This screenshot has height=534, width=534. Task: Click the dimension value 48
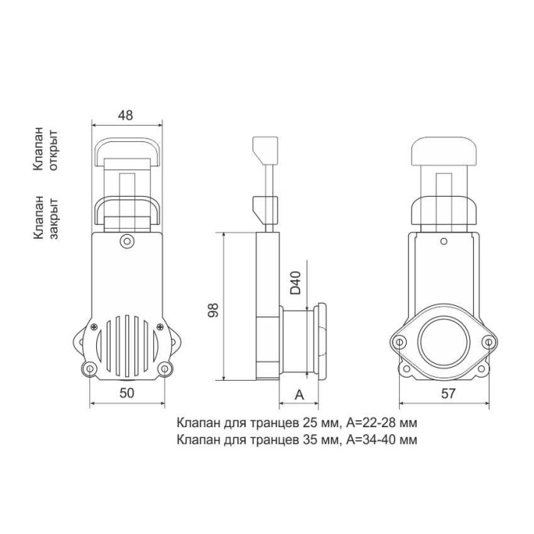coord(125,115)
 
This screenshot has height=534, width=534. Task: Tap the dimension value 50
coord(127,393)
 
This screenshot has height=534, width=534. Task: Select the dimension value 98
coord(213,310)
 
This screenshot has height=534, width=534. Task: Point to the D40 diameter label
coord(295,283)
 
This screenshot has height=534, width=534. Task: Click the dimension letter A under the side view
coord(299,394)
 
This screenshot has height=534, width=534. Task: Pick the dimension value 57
coord(449,394)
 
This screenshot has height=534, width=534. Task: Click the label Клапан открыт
coord(46,149)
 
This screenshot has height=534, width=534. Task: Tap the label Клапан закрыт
coord(46,217)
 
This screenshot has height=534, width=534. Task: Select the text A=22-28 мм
coord(381,423)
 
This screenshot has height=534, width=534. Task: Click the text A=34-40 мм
coord(381,439)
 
